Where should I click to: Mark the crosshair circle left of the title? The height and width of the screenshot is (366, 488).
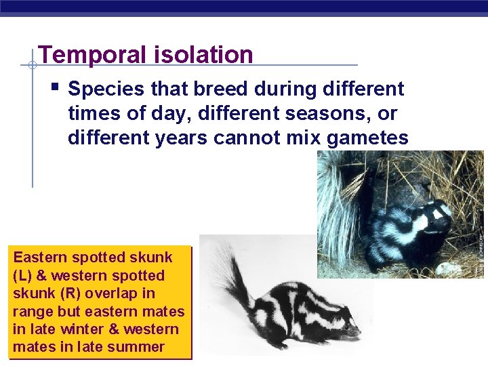(x=32, y=65)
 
